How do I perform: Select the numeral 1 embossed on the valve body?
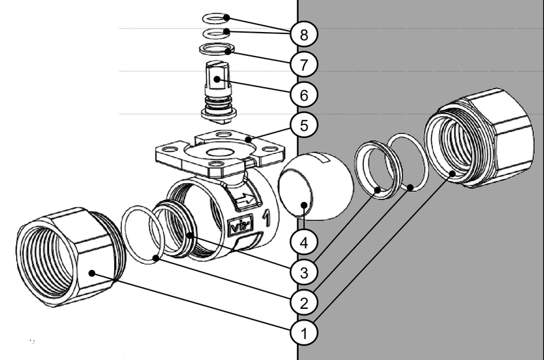267,218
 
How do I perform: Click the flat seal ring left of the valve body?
142,234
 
